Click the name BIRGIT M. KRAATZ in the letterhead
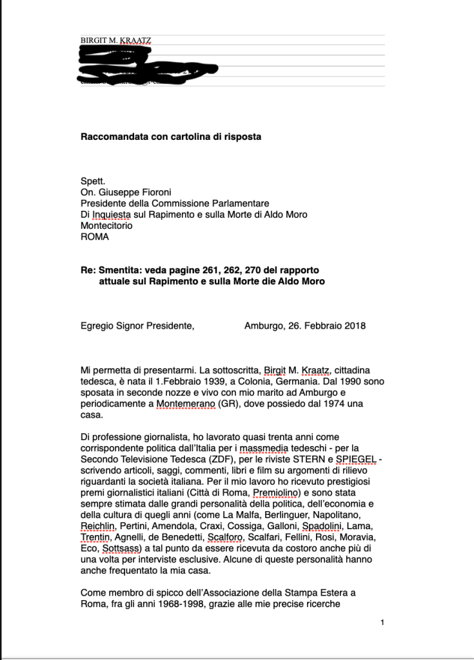coord(116,40)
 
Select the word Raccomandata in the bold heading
coord(110,137)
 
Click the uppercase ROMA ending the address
coord(95,237)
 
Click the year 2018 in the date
coord(355,325)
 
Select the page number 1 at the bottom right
coord(382,622)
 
